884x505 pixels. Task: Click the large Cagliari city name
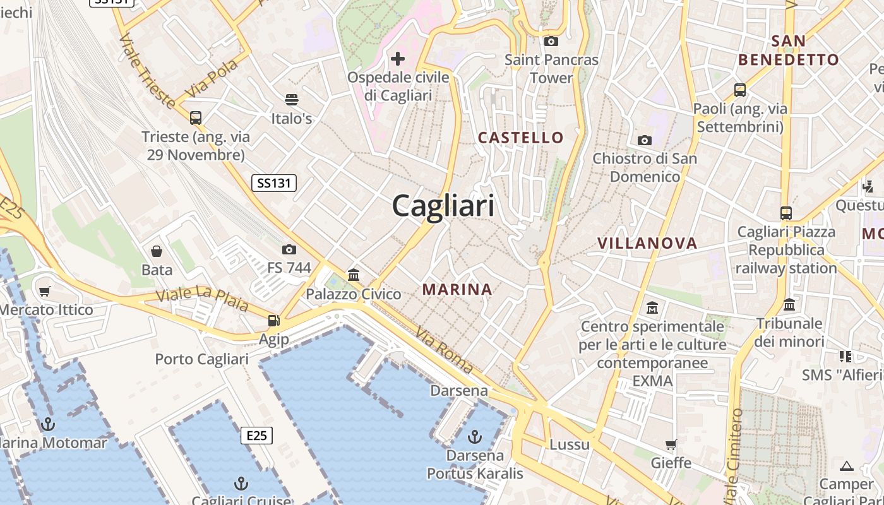pos(443,206)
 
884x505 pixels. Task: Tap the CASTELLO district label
pos(520,138)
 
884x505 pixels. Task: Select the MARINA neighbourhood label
pos(457,290)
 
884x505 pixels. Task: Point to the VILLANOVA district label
pos(647,243)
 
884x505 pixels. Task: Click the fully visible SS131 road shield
pos(274,183)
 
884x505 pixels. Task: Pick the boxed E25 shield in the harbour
pos(256,435)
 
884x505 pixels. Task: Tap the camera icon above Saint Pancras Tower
pos(551,42)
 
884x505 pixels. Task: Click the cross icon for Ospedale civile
pos(398,59)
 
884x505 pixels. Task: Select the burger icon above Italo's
pos(291,99)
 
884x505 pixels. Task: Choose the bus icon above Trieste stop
pos(196,117)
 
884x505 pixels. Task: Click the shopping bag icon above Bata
pos(157,251)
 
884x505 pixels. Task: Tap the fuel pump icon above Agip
pos(273,321)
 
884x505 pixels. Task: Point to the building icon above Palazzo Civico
pos(354,275)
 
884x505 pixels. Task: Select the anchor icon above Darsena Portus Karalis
pos(475,436)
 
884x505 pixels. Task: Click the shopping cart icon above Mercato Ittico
pos(44,291)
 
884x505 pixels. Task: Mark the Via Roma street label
pos(444,349)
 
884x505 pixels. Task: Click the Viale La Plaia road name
pos(202,299)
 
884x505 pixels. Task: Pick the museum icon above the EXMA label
pos(652,308)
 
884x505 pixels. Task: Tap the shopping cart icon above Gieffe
pos(671,445)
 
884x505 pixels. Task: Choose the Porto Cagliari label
pos(202,359)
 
